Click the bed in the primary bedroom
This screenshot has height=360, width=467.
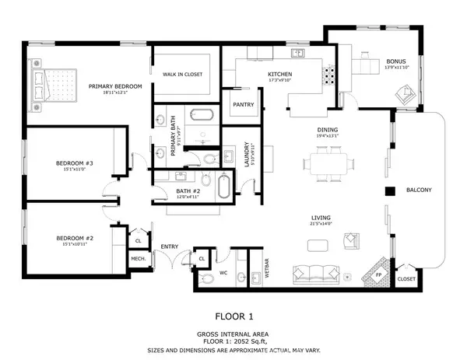click(54, 82)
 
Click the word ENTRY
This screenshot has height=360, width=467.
click(170, 246)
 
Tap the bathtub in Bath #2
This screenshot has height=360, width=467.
click(223, 188)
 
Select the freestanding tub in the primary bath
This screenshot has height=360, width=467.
click(202, 117)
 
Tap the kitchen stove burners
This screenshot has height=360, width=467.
click(329, 75)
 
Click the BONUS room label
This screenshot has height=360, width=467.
click(396, 61)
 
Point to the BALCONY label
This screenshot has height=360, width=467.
click(418, 190)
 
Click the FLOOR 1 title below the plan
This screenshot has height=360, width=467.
click(234, 317)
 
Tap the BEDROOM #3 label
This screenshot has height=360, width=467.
click(75, 163)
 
